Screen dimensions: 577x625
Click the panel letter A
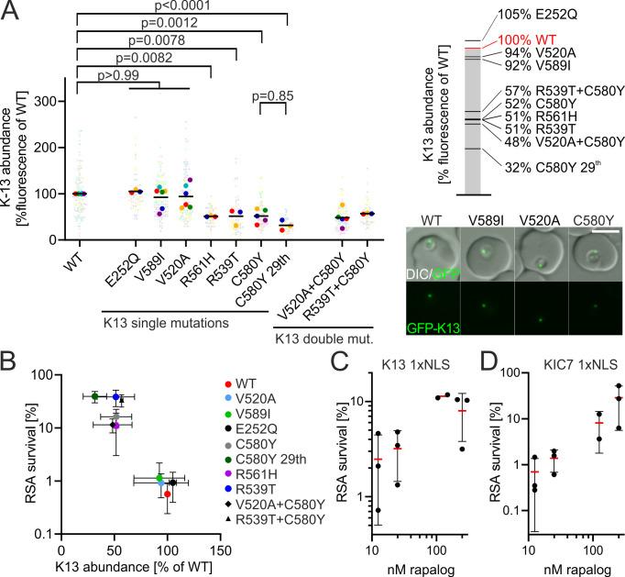(11, 10)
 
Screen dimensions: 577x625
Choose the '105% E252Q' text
(534, 17)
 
